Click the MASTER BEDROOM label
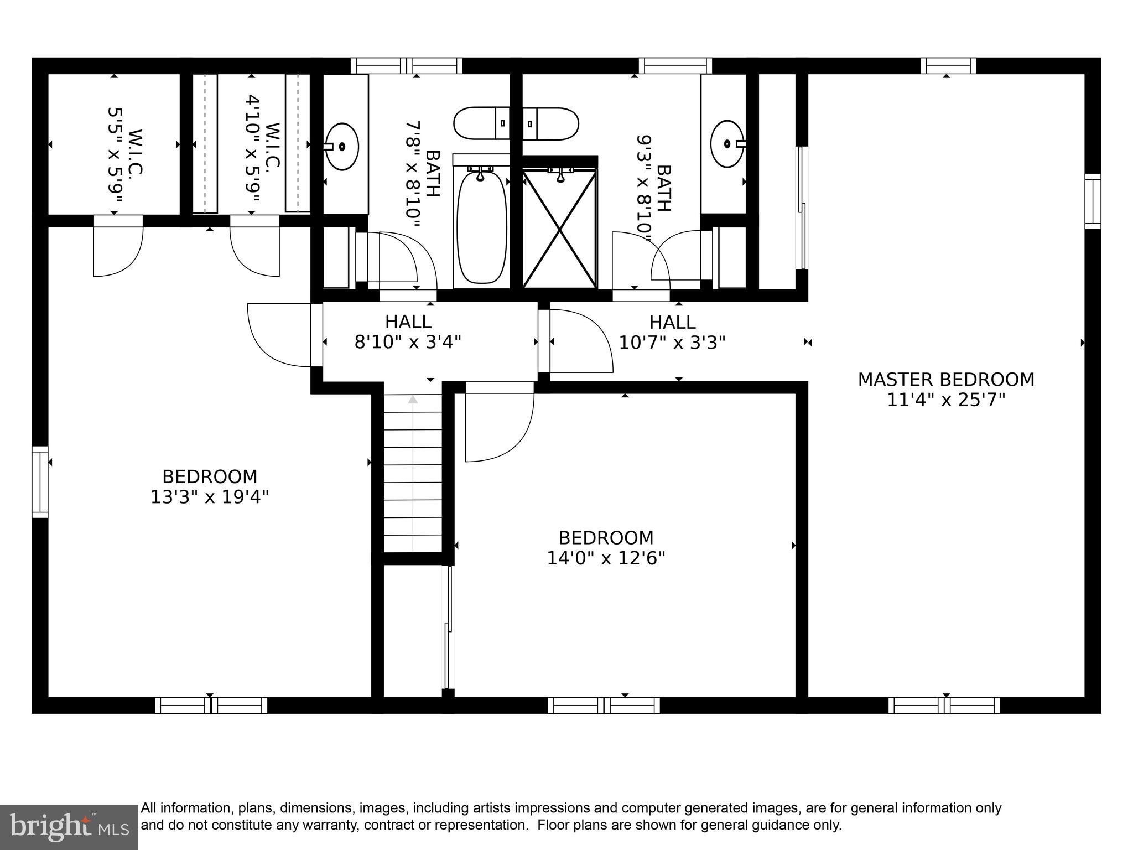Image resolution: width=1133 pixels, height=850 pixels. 945,380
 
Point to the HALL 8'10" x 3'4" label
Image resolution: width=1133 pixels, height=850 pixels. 408,332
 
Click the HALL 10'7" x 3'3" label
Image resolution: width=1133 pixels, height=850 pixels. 672,332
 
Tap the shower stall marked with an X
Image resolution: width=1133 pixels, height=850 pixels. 560,229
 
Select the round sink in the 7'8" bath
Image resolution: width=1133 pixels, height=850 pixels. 342,147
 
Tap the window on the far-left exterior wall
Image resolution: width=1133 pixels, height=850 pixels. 40,482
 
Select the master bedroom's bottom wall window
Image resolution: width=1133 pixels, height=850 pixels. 944,705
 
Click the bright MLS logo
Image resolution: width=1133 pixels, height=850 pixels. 69,827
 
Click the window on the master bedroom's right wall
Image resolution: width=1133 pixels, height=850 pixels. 1093,201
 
